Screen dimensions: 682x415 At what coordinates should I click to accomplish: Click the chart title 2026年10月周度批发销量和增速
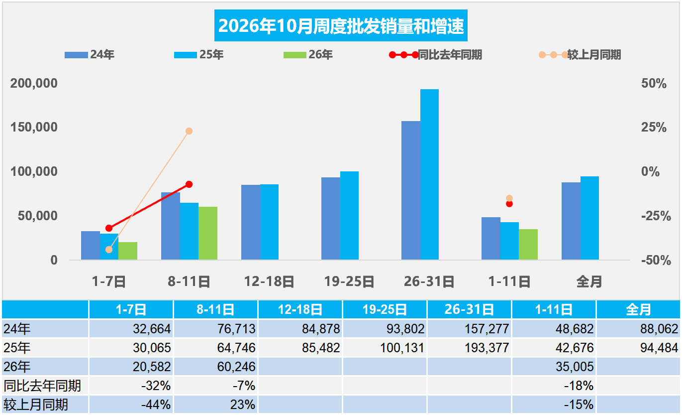[x=341, y=25]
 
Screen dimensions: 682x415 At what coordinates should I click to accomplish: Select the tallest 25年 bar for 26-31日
[x=429, y=174]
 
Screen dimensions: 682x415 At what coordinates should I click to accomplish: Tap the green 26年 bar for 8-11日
[x=208, y=233]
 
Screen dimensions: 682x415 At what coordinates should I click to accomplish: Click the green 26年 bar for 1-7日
[x=128, y=251]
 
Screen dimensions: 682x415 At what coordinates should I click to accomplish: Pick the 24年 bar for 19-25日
[x=331, y=219]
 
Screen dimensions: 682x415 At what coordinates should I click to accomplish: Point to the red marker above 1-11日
[x=509, y=204]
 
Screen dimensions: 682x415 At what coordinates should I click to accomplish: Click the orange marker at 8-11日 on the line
[x=189, y=131]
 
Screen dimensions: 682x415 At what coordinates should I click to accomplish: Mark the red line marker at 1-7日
[x=109, y=228]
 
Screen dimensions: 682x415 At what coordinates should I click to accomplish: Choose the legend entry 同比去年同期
[x=435, y=55]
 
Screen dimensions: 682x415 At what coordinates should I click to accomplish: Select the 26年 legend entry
[x=308, y=55]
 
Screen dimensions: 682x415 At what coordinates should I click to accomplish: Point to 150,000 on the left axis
[x=34, y=127]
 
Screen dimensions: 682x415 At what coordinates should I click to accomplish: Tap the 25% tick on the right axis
[x=654, y=127]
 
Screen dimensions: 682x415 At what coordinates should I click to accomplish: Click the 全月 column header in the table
[x=638, y=310]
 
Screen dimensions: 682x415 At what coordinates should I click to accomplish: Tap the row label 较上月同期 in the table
[x=36, y=405]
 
